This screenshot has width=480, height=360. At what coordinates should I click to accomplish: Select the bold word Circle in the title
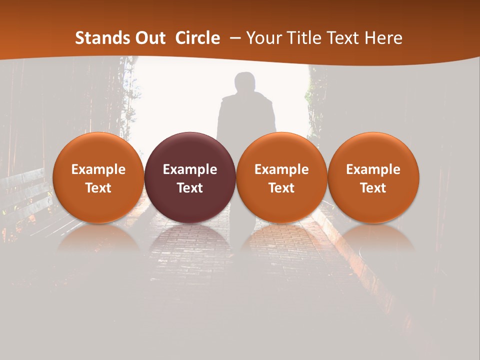[x=197, y=38]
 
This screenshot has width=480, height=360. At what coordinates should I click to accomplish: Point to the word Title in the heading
[x=303, y=38]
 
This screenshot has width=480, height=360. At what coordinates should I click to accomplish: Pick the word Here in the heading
[x=383, y=38]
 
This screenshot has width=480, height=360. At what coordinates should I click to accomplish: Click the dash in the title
[x=233, y=38]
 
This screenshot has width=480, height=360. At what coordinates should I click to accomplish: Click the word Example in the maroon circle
[x=190, y=169]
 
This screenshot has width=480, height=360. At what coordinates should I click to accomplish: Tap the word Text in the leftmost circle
[x=98, y=188]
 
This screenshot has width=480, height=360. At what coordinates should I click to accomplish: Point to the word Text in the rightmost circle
[x=373, y=188]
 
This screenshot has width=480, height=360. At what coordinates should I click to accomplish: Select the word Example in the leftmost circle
[x=98, y=169]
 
